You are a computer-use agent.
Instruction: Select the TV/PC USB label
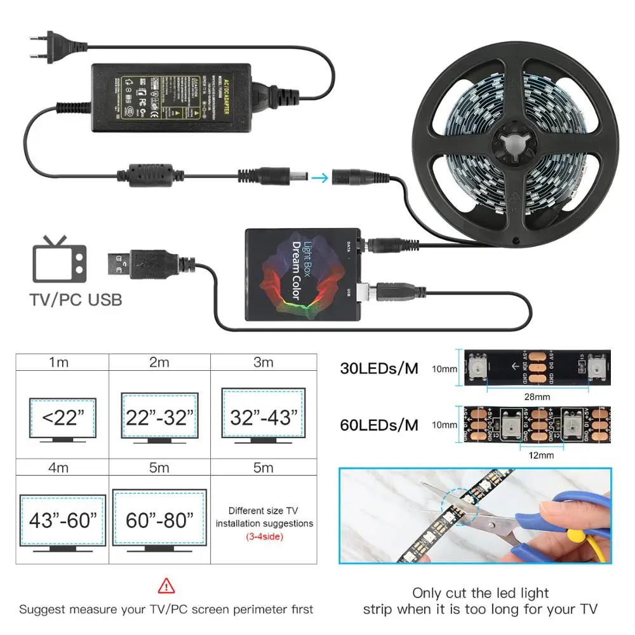[x=76, y=299]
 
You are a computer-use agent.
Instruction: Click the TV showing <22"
[x=62, y=418]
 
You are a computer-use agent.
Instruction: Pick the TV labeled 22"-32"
[x=158, y=417]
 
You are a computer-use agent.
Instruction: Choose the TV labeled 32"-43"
[x=262, y=417]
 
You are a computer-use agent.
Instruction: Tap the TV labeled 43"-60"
[x=62, y=521]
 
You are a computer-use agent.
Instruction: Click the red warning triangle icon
[x=166, y=585]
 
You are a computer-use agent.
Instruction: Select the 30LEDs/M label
[x=379, y=368]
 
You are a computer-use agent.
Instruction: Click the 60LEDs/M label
[x=379, y=424]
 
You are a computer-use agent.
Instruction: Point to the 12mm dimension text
[x=541, y=455]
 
